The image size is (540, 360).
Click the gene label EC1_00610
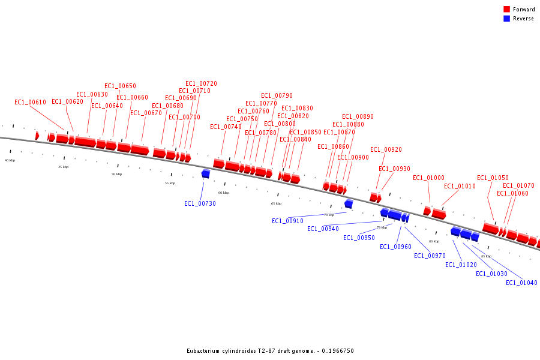tap(30, 102)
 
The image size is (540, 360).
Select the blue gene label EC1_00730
tap(200, 203)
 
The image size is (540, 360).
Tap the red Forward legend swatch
tap(506, 10)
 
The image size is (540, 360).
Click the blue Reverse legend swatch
tap(506, 19)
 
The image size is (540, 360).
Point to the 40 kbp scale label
tap(10, 160)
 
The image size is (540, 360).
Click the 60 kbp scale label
tap(223, 193)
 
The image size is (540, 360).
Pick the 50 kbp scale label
tap(116, 174)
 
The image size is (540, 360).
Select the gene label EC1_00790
tap(277, 95)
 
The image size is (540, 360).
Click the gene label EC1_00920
tap(386, 149)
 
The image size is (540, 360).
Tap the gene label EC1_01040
tap(521, 283)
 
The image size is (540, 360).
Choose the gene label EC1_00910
tap(287, 221)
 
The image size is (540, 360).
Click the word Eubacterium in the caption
tap(204, 351)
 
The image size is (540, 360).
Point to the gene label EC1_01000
tap(428, 178)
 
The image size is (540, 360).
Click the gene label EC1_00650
tap(120, 86)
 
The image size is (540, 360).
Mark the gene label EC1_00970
tap(430, 256)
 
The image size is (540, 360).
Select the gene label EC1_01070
tap(518, 185)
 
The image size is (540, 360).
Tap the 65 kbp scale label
tap(276, 203)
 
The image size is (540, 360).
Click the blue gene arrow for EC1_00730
tap(206, 173)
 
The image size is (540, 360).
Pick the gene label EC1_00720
tap(201, 83)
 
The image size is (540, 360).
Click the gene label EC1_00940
tap(323, 229)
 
